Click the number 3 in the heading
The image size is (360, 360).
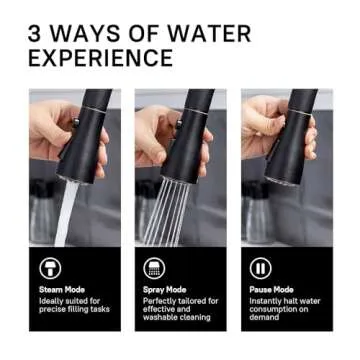pyautogui.click(x=38, y=34)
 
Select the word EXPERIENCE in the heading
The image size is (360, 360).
pyautogui.click(x=103, y=58)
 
